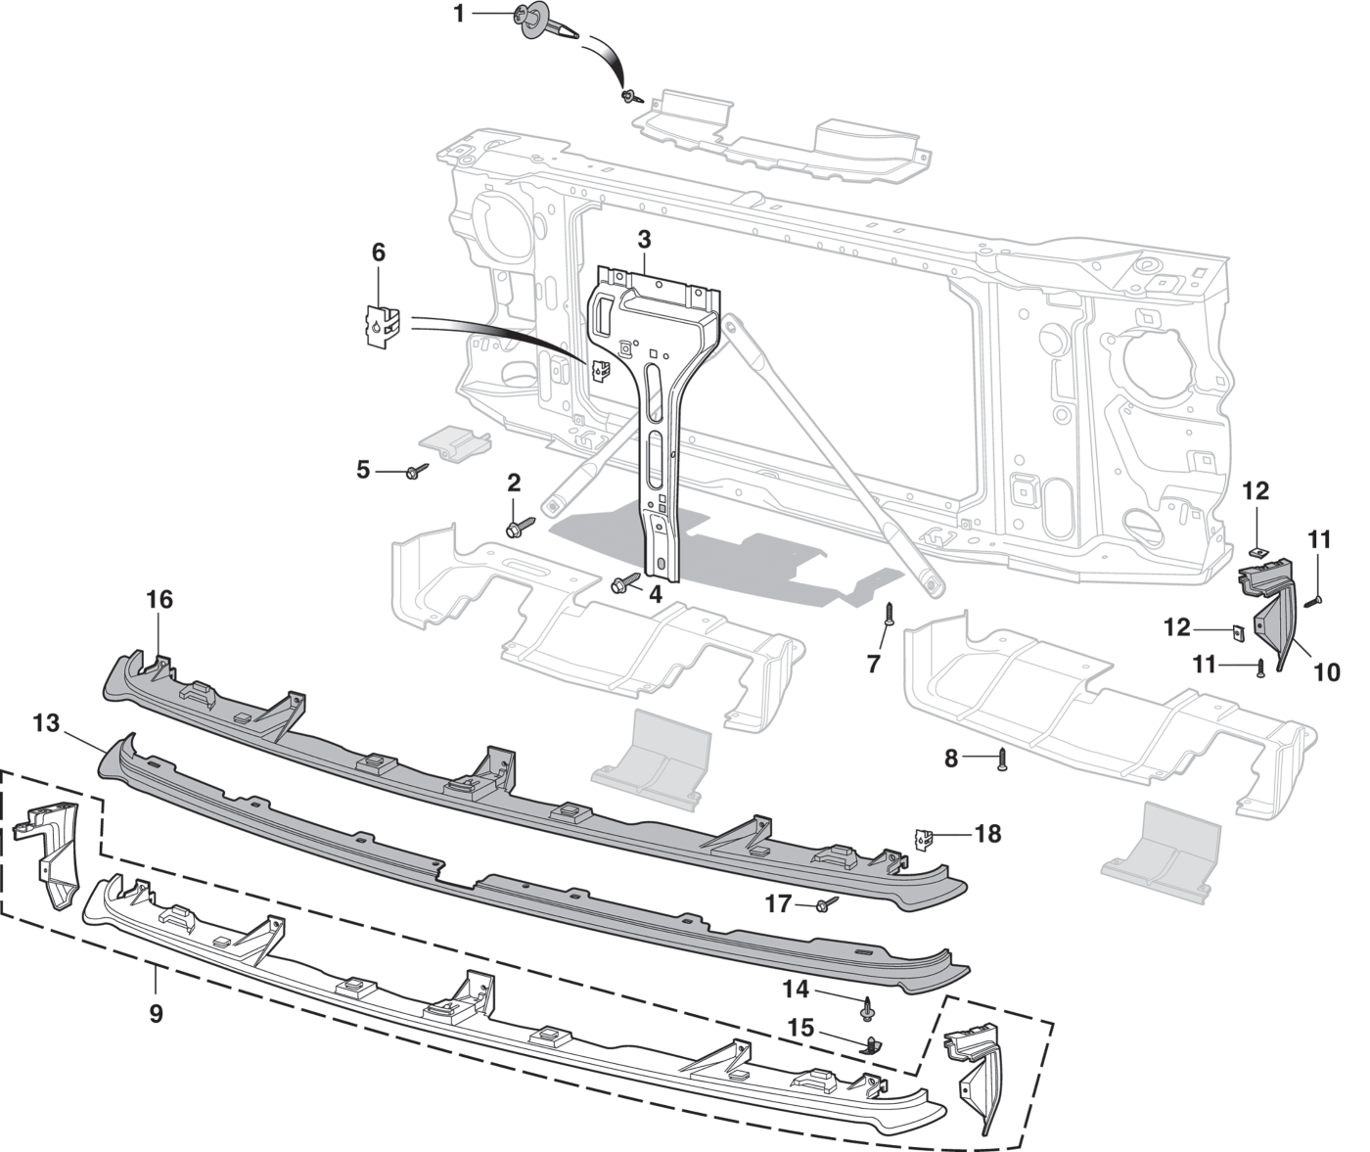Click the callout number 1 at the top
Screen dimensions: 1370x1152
point(459,14)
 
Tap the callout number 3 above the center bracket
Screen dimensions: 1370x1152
point(644,240)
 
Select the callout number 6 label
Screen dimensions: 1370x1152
point(379,253)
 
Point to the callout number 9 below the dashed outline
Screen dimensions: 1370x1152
point(156,1013)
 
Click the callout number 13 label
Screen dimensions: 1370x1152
point(46,723)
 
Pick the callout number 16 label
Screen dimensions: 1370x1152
point(160,599)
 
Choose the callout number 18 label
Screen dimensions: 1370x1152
point(988,834)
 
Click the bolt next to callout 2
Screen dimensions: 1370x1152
point(521,526)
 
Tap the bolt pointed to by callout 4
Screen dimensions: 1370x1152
point(625,582)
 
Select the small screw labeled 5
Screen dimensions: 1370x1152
point(417,470)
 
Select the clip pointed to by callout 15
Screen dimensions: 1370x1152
point(872,1045)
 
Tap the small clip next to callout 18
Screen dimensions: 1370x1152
point(924,840)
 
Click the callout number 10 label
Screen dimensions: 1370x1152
point(1327,672)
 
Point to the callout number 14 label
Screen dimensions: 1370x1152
point(796,989)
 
